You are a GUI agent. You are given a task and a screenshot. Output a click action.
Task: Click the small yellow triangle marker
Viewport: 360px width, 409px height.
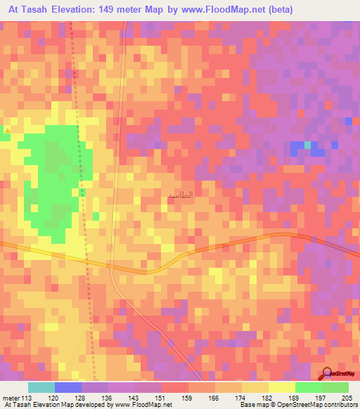pos(7,130)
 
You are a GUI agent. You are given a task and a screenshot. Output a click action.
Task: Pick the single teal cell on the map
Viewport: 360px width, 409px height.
pos(307,145)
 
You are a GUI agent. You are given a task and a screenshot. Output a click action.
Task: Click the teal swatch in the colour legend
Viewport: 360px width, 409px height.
pos(41,387)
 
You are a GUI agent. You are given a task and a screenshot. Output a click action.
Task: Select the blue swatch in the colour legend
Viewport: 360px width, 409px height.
pos(68,387)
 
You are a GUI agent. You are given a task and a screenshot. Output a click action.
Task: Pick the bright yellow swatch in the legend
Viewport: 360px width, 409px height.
pos(281,387)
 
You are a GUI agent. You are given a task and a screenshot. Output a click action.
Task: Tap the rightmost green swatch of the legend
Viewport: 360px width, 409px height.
pos(335,387)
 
